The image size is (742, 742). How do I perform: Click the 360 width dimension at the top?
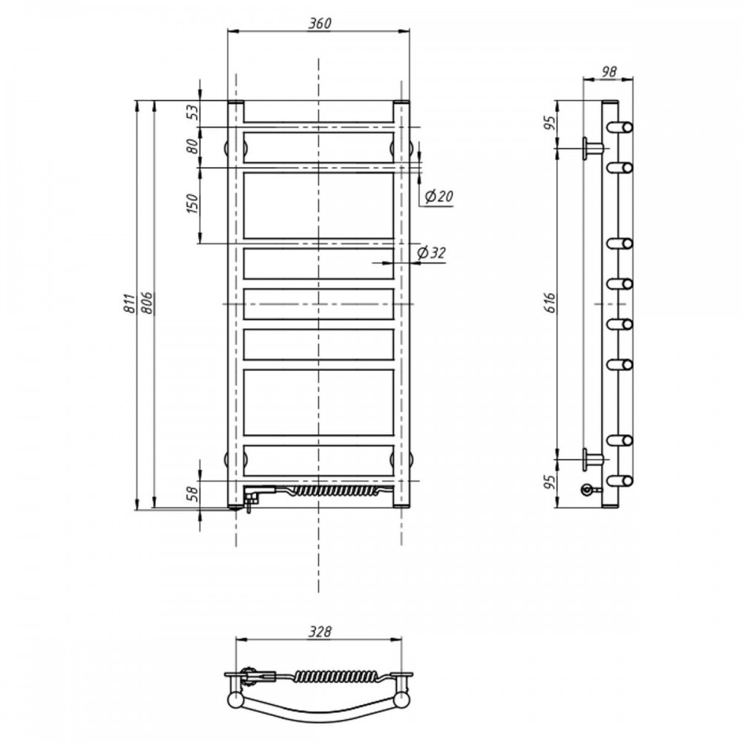tap(320, 23)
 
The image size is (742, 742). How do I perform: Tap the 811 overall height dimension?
tap(129, 303)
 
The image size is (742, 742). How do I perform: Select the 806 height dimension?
tap(147, 303)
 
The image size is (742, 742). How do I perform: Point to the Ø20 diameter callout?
tap(439, 195)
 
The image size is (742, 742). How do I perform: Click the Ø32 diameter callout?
tap(431, 253)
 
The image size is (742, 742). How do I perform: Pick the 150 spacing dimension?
tap(193, 204)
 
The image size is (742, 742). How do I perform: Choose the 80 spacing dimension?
tap(193, 146)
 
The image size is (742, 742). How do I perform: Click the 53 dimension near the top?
tap(193, 113)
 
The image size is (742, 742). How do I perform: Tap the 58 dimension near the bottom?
tap(193, 494)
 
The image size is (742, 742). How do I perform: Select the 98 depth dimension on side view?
tap(609, 71)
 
